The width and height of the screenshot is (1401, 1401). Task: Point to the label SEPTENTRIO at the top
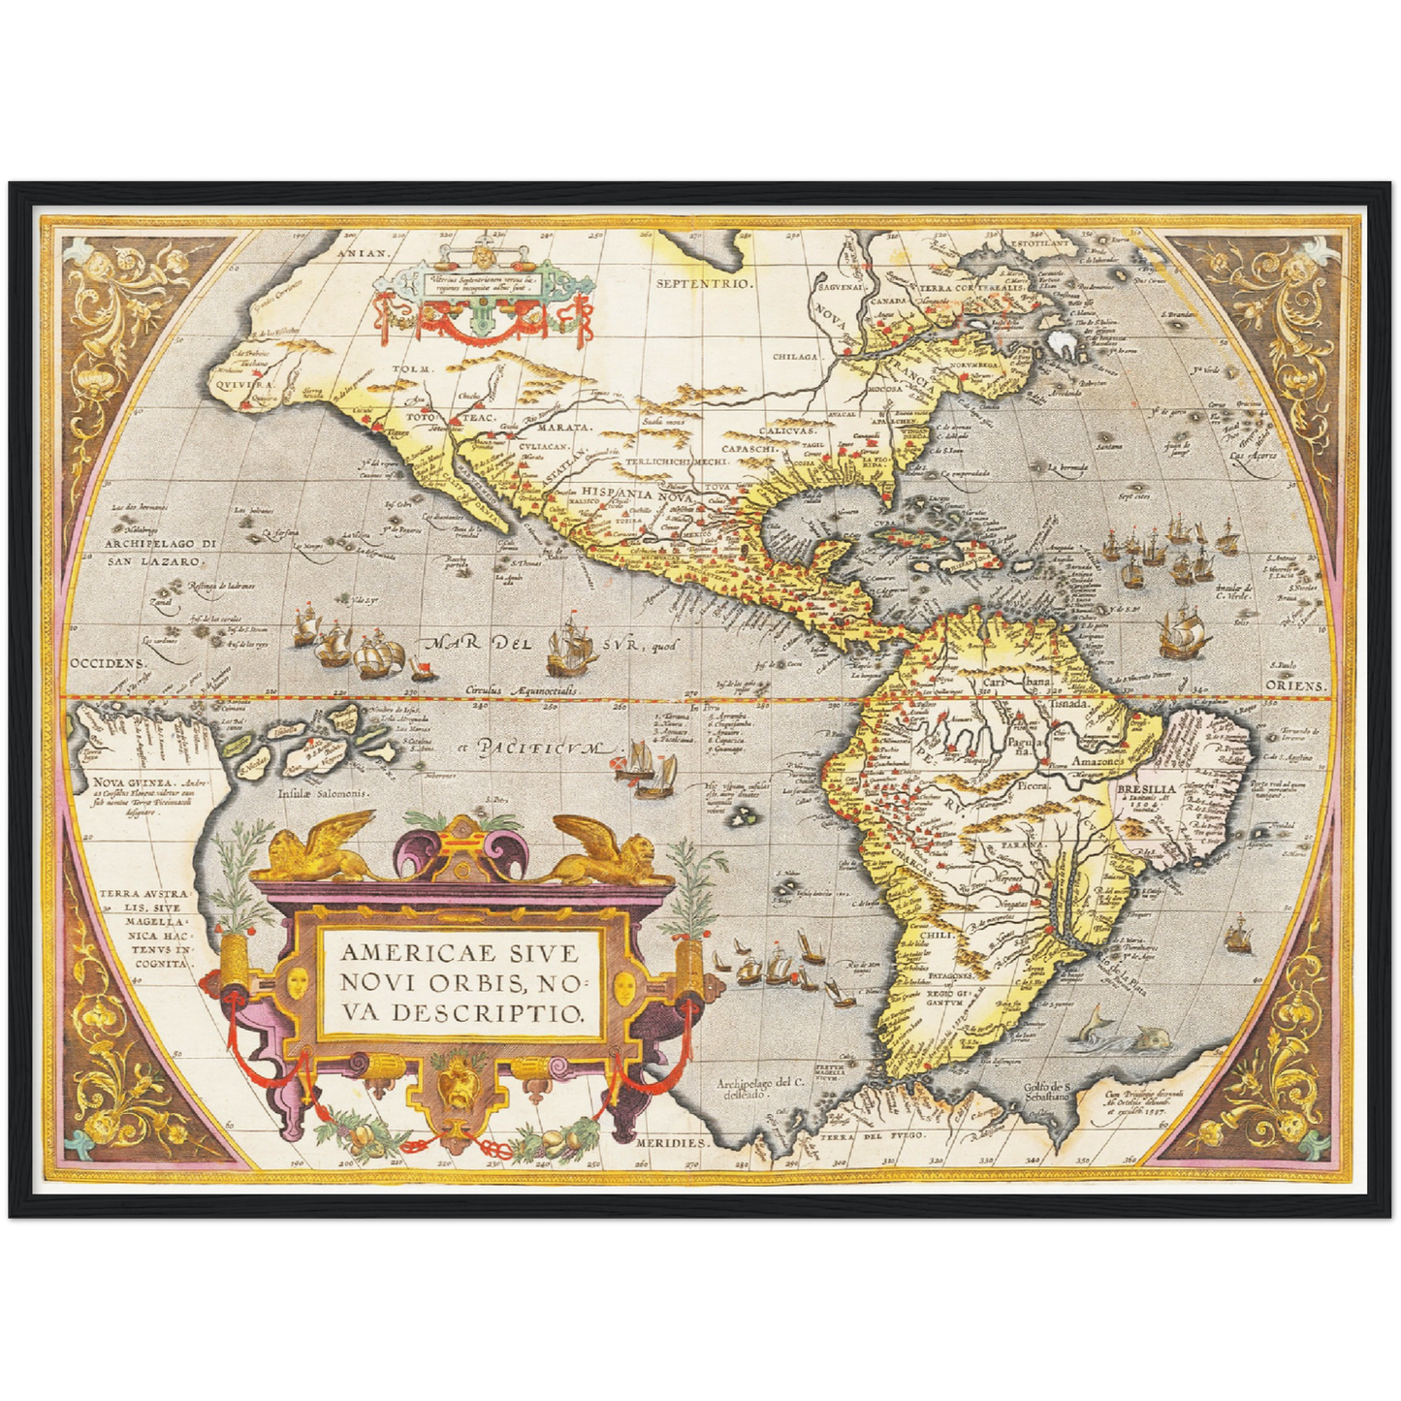tap(704, 284)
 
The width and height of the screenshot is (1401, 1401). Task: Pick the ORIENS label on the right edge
tap(1295, 685)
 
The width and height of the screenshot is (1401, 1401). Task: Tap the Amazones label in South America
tap(1098, 763)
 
